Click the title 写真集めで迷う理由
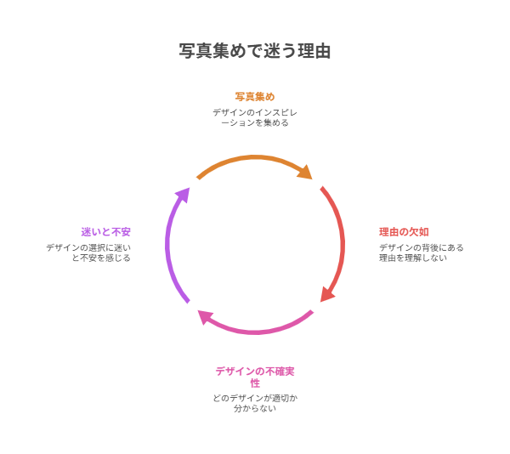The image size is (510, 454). click(x=255, y=51)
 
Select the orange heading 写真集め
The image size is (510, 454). click(x=255, y=96)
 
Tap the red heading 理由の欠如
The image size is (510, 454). click(x=404, y=231)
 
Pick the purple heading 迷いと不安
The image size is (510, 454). click(x=105, y=231)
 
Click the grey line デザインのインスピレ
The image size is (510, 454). click(x=255, y=111)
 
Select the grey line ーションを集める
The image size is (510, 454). click(x=255, y=122)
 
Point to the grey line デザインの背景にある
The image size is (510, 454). click(x=421, y=247)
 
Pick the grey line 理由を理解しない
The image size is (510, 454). click(x=413, y=258)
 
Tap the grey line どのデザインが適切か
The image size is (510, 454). click(x=255, y=397)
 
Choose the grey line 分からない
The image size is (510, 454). click(x=255, y=408)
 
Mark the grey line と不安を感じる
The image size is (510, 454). click(x=101, y=258)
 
